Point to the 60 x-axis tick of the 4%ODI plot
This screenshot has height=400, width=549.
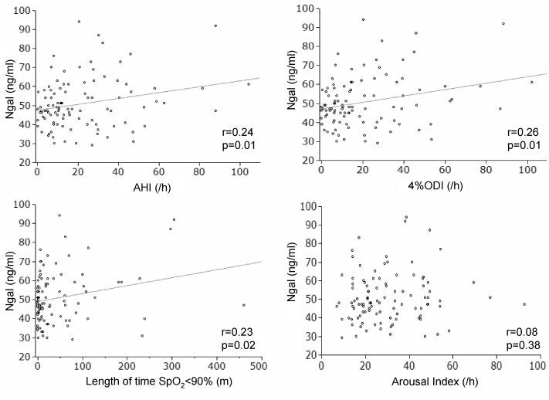[445, 168]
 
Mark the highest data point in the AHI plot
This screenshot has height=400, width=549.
[79, 22]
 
